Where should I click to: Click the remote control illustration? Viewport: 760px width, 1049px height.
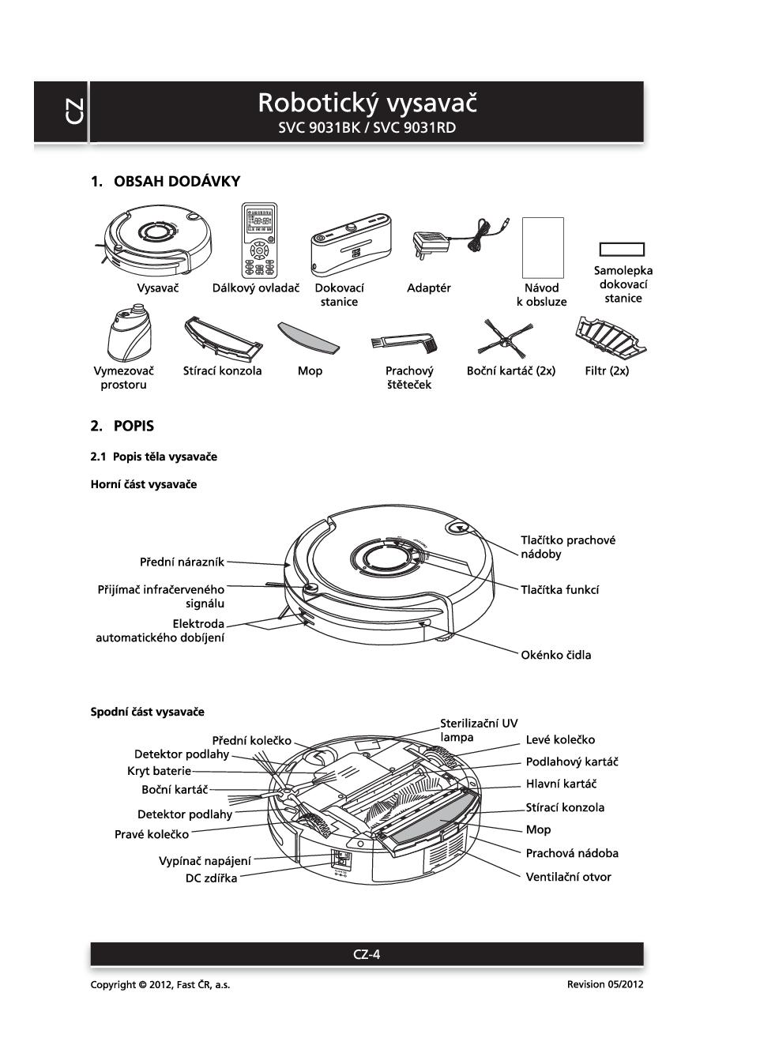pos(259,240)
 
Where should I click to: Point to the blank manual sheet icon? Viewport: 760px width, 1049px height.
pos(544,247)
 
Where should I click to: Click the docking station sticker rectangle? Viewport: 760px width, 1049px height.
pos(622,250)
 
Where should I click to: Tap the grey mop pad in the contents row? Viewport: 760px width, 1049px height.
pos(308,337)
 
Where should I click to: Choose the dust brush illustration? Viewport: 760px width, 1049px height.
pos(403,340)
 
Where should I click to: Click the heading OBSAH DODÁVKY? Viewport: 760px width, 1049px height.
pos(177,182)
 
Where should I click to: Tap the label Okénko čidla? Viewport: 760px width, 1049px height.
pos(555,655)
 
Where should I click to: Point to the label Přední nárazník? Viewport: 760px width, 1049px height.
pos(182,562)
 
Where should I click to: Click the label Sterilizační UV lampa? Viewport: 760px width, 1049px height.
pos(479,730)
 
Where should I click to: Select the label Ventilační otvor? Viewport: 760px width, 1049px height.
pos(568,877)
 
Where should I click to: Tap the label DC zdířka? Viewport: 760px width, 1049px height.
pos(211,878)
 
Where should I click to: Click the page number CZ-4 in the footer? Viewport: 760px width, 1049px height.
pos(367,954)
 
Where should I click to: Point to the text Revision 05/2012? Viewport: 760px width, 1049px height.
pos(604,985)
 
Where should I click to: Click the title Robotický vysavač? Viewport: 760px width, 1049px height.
pos(367,103)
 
